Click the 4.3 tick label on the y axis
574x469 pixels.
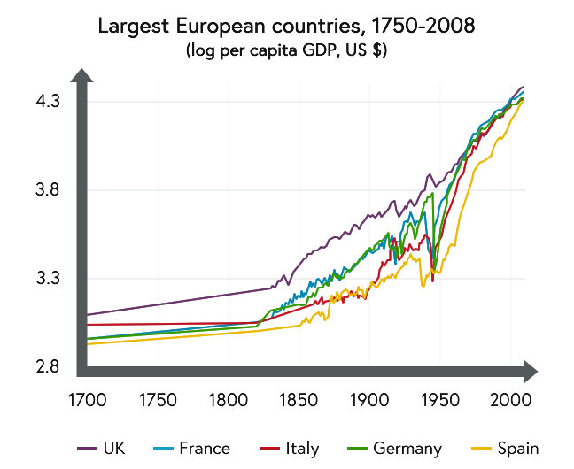point(48,101)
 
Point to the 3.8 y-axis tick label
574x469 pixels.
point(48,189)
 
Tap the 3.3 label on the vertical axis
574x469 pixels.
point(48,279)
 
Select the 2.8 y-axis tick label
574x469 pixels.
point(48,367)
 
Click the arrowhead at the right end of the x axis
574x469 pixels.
point(529,370)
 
